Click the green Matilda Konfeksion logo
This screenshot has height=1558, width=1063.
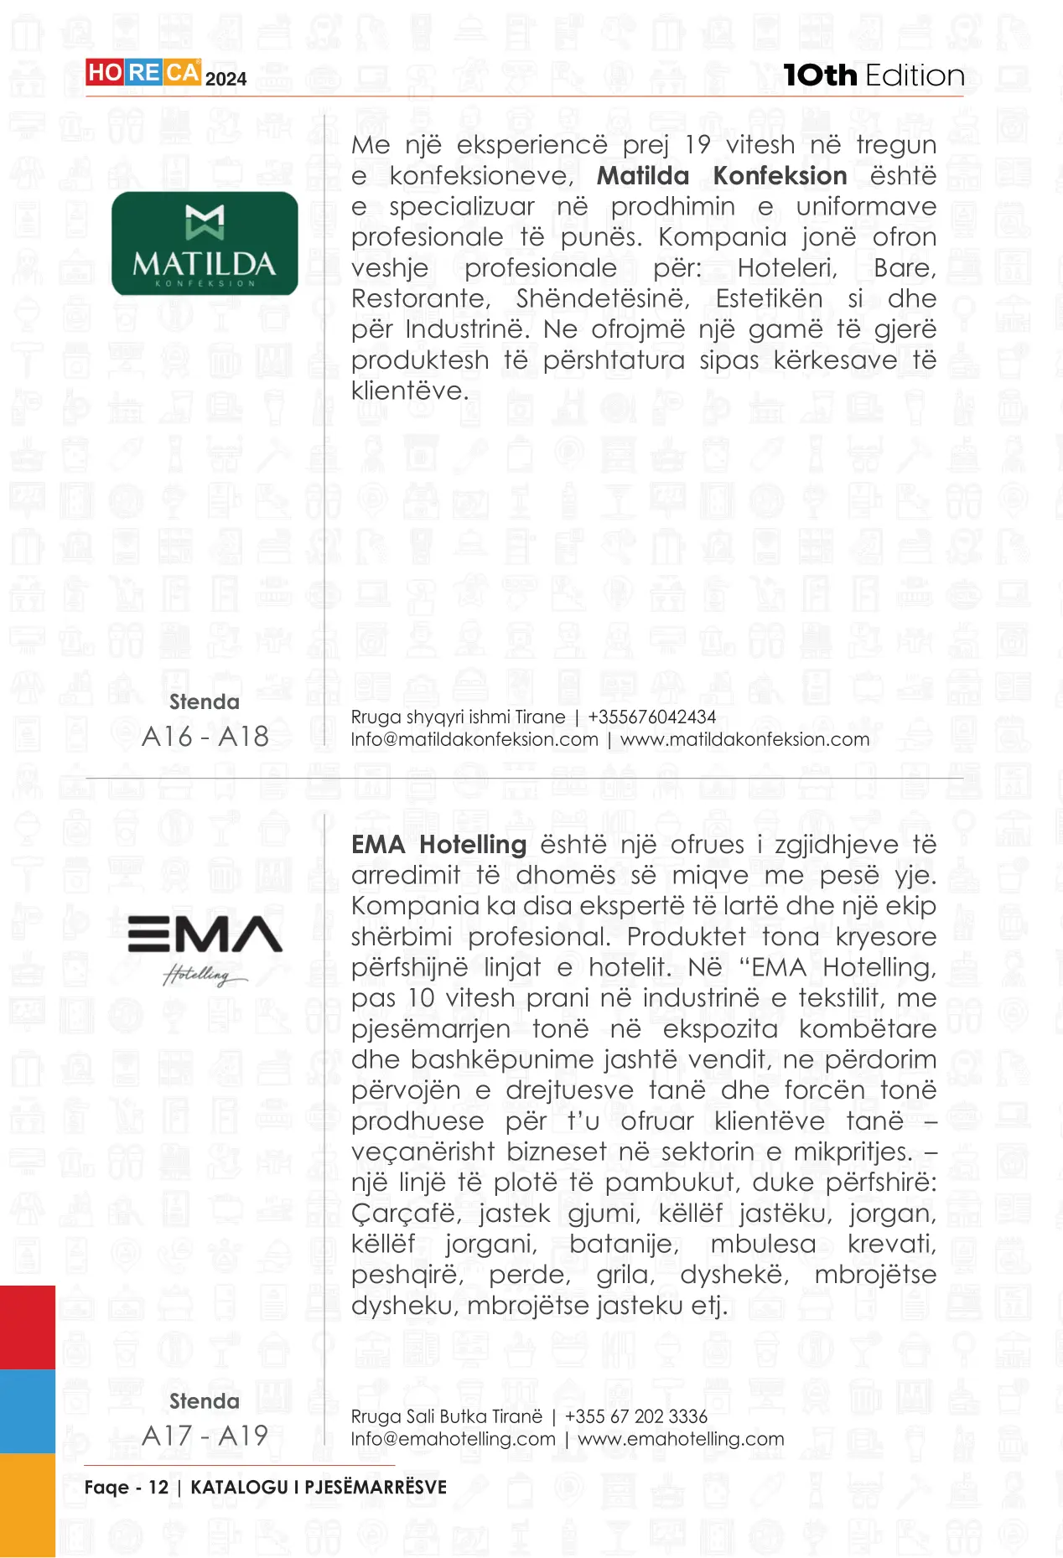click(205, 243)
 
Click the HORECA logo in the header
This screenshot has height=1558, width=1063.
click(143, 73)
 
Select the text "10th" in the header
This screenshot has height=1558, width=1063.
click(819, 75)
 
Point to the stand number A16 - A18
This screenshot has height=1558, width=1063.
click(205, 737)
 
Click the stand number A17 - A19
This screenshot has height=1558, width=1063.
click(205, 1436)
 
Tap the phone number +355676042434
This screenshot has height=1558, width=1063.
click(651, 717)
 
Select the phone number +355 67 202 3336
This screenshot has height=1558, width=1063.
click(635, 1416)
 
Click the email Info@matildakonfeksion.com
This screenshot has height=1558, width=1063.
click(474, 739)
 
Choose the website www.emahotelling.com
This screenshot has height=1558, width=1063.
click(681, 1439)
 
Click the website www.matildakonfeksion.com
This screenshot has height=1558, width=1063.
click(744, 739)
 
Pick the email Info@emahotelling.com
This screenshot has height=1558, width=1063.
click(454, 1439)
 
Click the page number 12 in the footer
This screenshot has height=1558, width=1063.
click(158, 1488)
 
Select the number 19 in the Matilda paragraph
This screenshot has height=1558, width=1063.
click(697, 145)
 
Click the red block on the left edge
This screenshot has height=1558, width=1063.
click(27, 1328)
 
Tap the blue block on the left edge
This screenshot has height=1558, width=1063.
click(27, 1411)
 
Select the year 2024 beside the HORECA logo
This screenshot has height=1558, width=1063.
click(226, 80)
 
